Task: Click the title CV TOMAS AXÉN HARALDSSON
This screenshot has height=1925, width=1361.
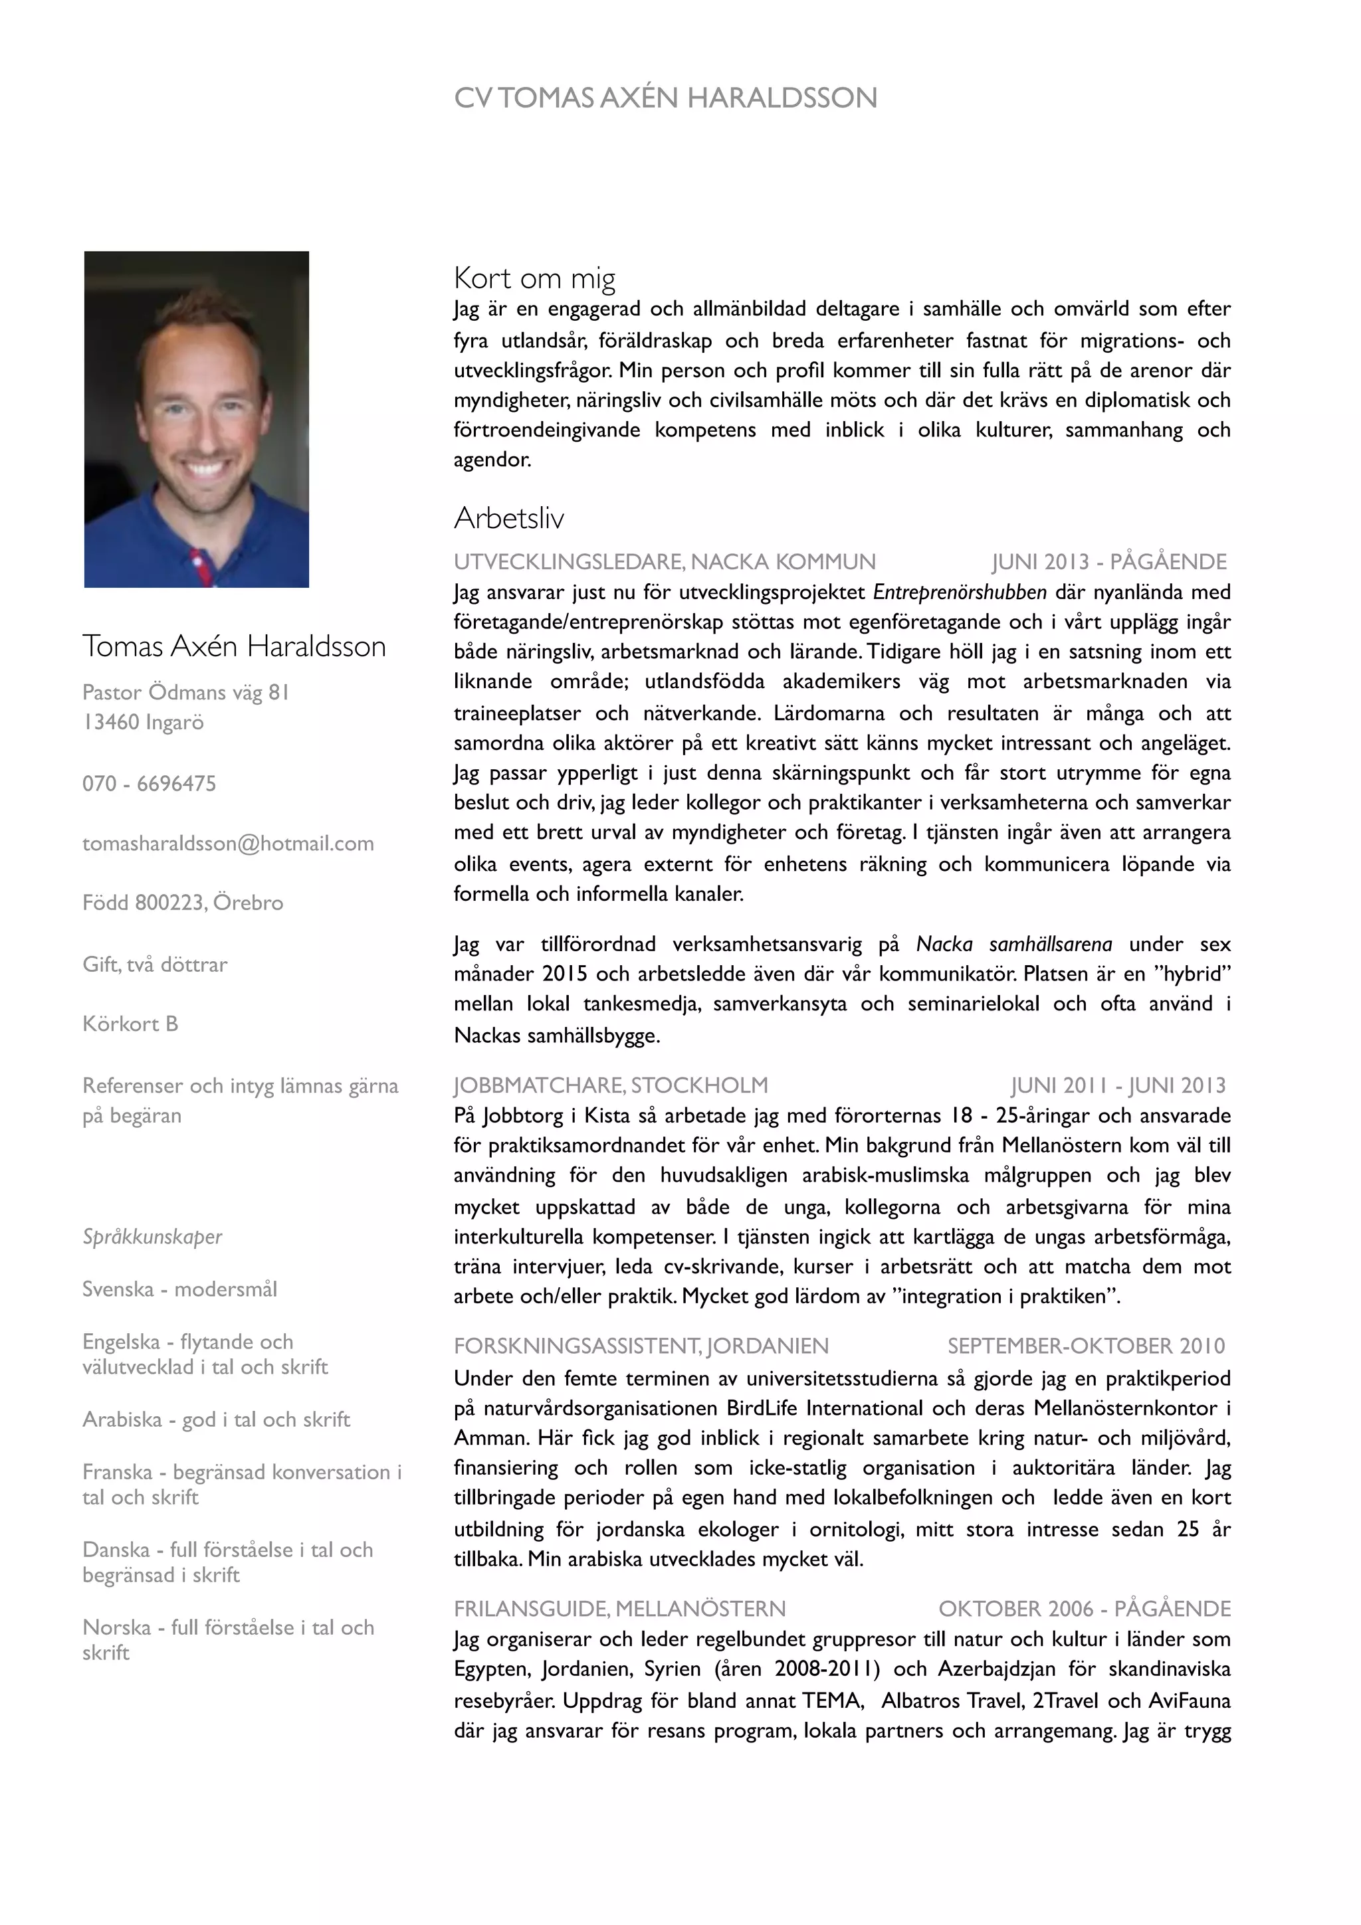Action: (665, 98)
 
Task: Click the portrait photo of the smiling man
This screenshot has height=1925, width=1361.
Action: (196, 419)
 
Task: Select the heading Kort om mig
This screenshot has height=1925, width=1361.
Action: (534, 278)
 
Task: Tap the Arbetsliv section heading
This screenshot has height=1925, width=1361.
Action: (508, 518)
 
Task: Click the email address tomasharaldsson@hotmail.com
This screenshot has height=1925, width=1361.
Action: (228, 844)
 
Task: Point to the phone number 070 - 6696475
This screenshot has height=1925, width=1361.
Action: (150, 783)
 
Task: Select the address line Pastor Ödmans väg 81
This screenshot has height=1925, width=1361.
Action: (185, 693)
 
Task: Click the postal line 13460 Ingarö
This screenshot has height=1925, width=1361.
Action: (143, 722)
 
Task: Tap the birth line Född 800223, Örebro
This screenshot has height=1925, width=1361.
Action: (183, 903)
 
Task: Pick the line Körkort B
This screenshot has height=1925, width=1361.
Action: (130, 1024)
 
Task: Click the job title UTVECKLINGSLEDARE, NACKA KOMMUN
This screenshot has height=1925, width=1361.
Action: (664, 562)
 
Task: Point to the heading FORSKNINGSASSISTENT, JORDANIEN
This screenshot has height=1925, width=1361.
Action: (641, 1346)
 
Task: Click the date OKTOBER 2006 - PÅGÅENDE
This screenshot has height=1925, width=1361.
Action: (1085, 1608)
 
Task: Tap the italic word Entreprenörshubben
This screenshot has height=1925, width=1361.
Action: (960, 593)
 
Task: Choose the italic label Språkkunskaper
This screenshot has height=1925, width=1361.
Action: (152, 1237)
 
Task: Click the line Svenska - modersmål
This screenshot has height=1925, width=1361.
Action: (179, 1289)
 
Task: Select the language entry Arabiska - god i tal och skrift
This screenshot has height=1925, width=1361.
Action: (215, 1420)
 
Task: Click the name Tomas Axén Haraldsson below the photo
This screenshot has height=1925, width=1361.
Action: (234, 646)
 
